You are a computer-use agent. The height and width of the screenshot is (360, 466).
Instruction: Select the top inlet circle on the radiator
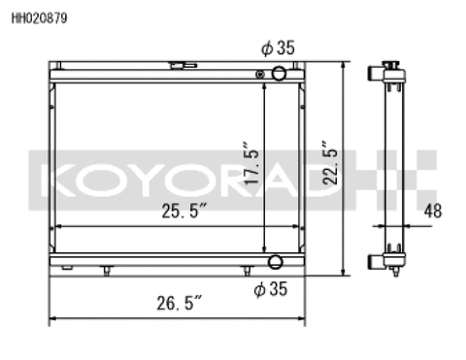click(278, 74)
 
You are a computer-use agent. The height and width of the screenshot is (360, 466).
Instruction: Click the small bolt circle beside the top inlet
click(259, 75)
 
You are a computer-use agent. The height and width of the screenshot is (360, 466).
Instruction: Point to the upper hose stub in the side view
click(375, 73)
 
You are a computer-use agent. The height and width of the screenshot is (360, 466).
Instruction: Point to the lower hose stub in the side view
click(375, 260)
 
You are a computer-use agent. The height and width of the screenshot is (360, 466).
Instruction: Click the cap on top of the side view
click(392, 62)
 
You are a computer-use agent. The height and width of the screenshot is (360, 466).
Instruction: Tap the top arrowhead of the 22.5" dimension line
click(342, 64)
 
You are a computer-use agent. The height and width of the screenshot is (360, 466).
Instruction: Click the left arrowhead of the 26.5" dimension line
click(52, 317)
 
